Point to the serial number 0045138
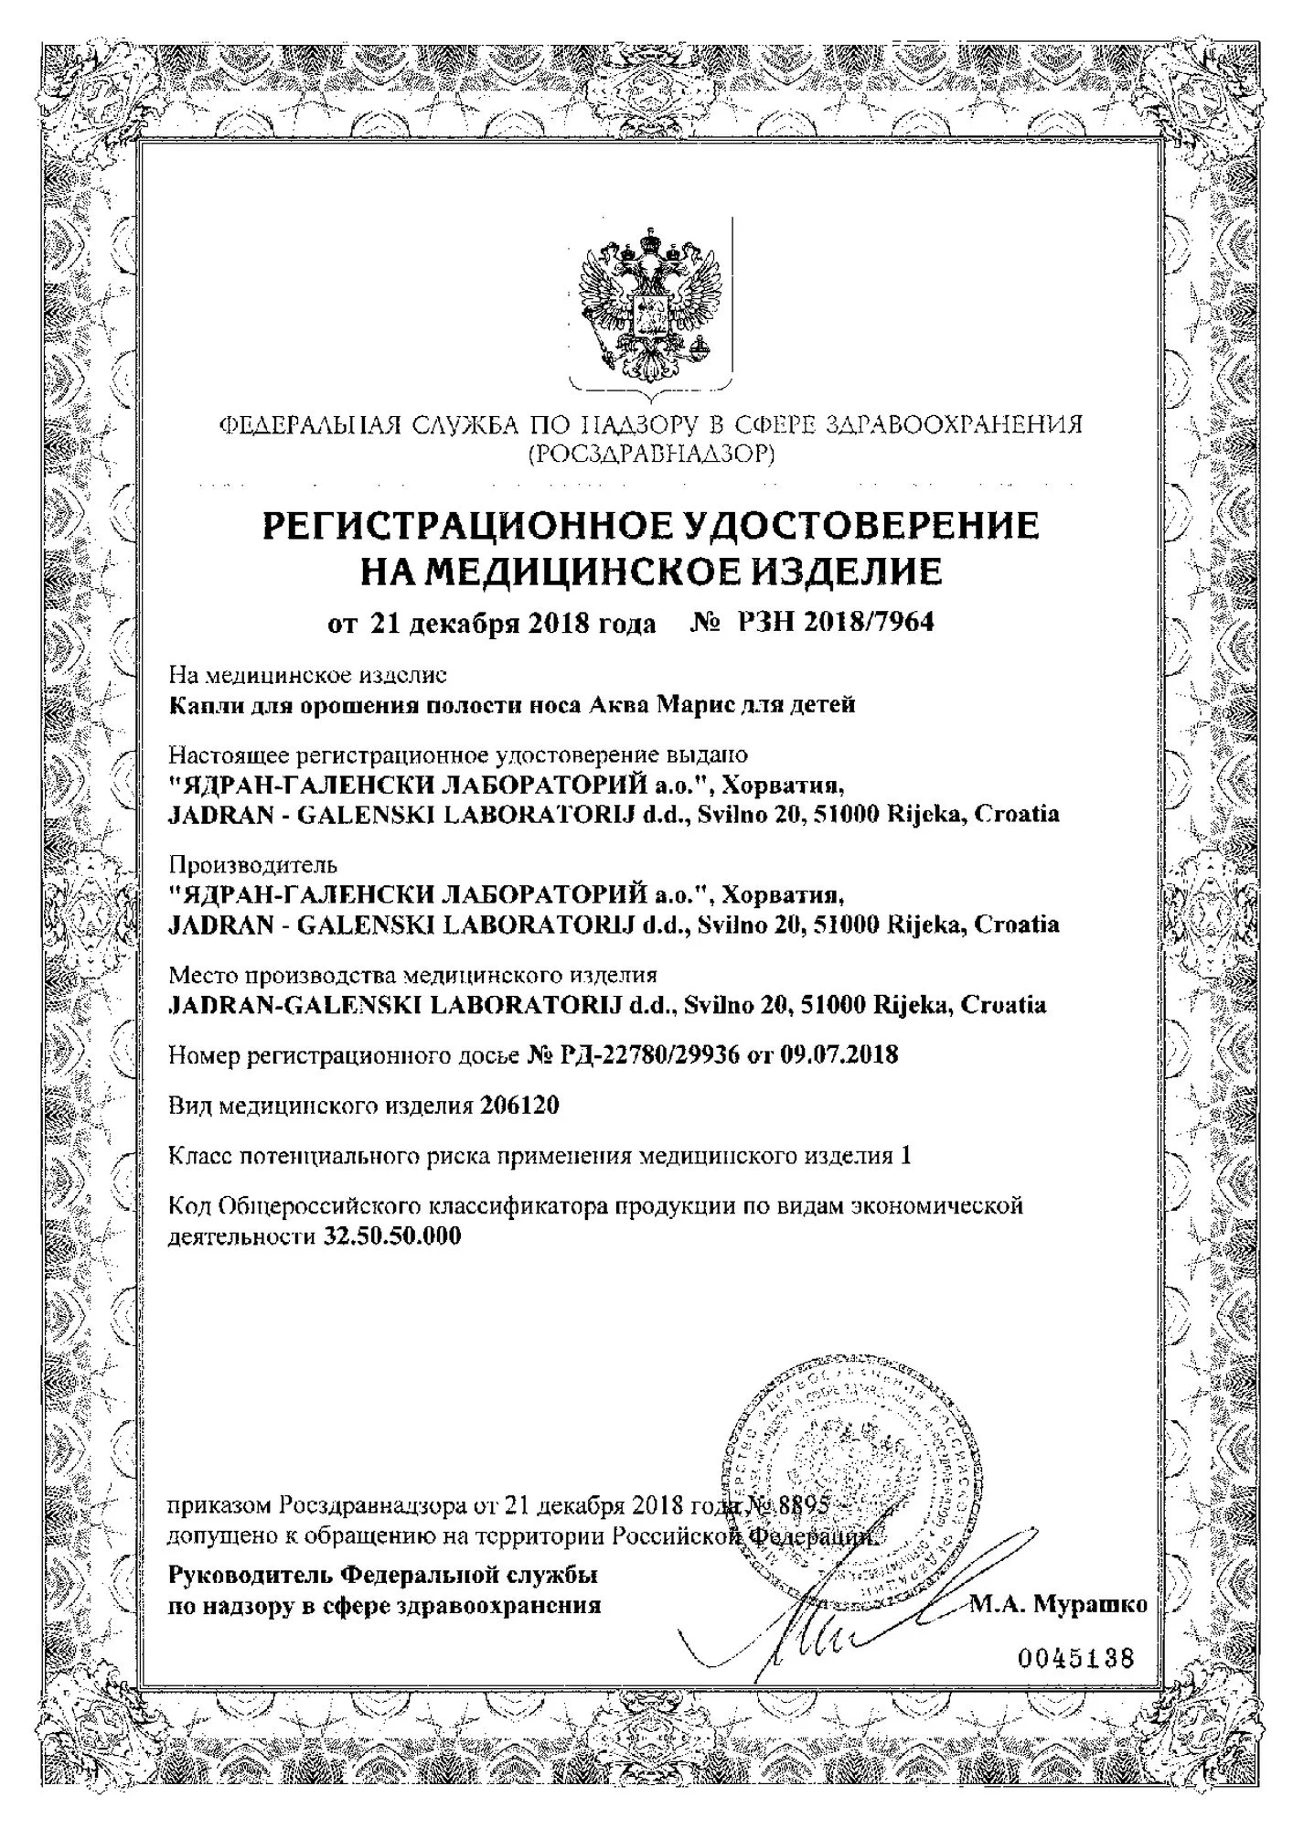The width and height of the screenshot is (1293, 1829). click(x=1075, y=1658)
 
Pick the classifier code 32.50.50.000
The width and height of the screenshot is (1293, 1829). click(x=393, y=1237)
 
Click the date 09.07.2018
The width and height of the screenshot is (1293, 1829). click(x=839, y=1055)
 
